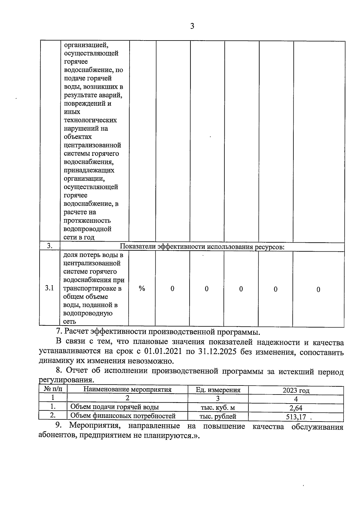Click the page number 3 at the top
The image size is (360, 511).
192,26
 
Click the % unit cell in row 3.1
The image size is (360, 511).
142,289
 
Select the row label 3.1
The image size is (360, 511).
49,288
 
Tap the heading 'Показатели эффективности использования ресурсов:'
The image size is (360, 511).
202,247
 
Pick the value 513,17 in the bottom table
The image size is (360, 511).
296,417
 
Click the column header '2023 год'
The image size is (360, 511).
296,390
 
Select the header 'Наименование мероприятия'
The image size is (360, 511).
127,390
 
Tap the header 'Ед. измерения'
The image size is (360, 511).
218,390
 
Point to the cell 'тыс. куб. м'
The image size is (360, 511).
218,408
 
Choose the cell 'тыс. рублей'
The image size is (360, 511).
218,416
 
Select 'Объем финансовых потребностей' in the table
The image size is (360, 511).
123,416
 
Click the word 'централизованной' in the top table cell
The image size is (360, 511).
92,145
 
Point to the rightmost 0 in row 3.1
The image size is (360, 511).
318,289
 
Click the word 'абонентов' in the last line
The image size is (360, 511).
58,435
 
